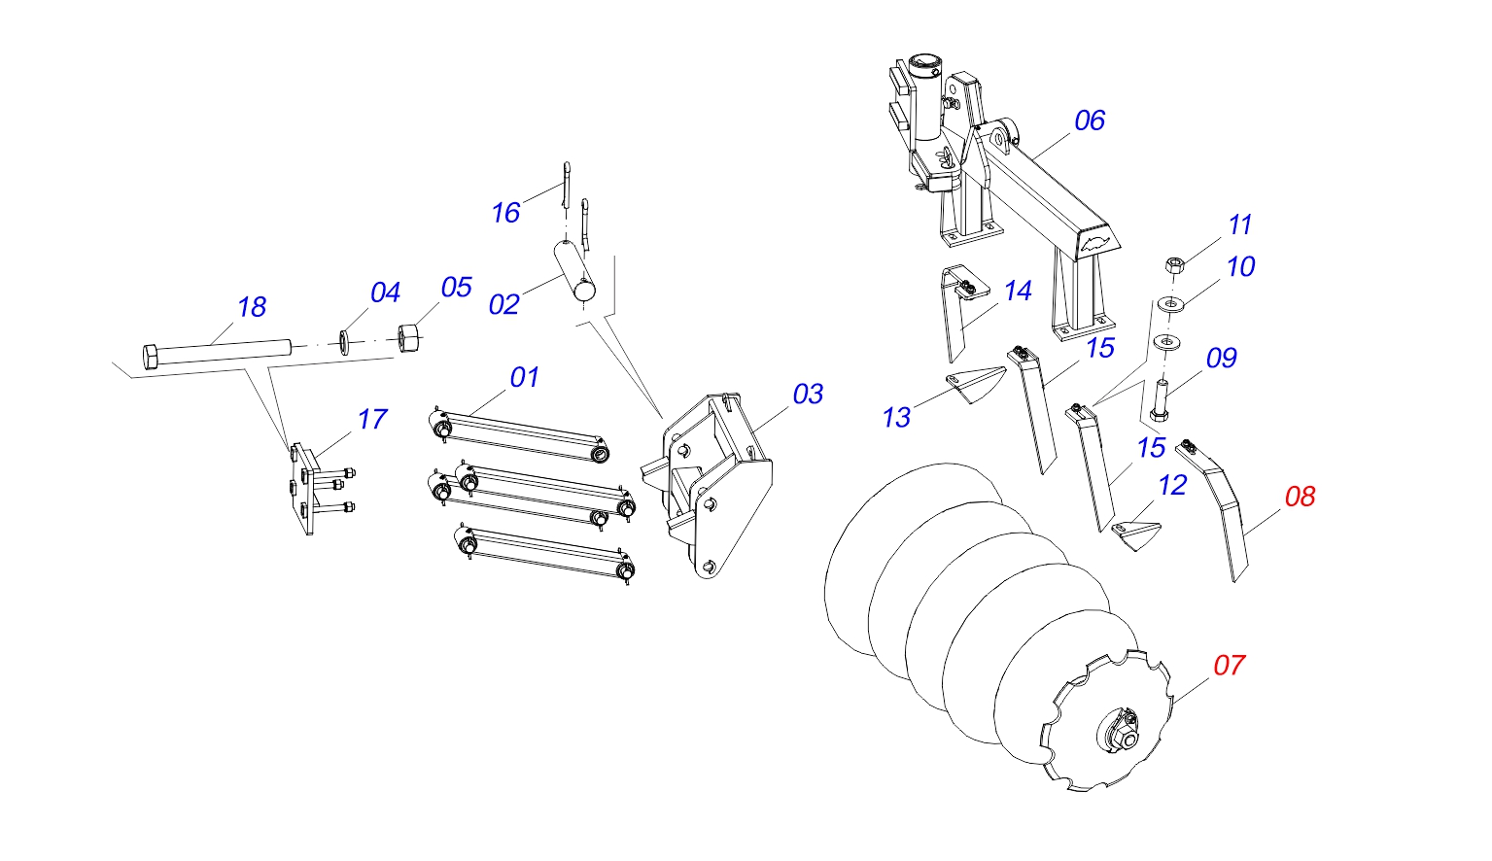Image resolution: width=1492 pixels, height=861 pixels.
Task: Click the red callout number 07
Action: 1229,666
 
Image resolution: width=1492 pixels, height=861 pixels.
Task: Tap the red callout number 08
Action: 1301,497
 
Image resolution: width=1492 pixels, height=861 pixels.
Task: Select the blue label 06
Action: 1090,121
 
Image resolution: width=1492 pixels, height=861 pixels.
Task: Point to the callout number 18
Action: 252,307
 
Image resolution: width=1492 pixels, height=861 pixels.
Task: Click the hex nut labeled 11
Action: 1173,264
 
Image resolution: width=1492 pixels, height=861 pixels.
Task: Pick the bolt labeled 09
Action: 1160,399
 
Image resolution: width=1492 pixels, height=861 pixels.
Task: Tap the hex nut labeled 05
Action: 407,337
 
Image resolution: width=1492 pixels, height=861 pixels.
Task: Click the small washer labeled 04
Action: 345,341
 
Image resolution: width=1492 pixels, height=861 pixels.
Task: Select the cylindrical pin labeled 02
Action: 576,273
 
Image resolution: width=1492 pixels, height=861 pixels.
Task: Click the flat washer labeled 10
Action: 1170,304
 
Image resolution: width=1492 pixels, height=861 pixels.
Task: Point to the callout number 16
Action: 505,213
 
